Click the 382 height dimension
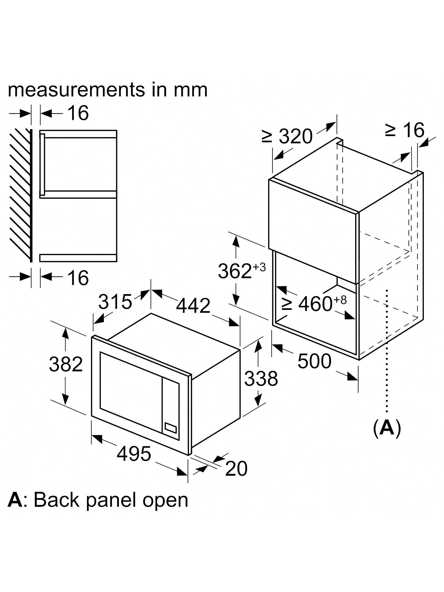click(66, 364)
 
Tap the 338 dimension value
click(261, 378)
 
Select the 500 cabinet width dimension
click(314, 361)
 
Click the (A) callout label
click(387, 430)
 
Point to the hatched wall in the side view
click(20, 195)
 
